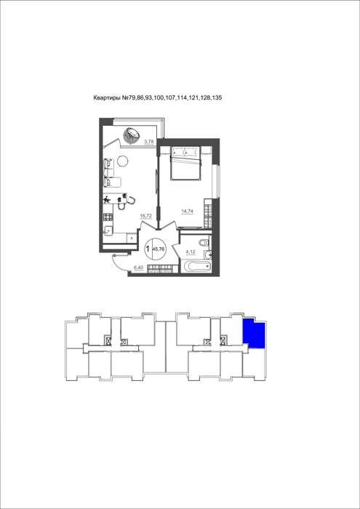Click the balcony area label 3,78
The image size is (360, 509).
148,141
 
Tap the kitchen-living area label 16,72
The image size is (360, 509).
145,215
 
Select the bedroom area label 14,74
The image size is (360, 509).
187,211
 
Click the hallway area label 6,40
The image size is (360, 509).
138,268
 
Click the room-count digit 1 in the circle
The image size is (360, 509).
148,249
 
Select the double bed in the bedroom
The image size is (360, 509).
185,163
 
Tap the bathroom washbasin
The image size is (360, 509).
207,254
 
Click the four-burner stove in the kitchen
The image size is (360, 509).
108,217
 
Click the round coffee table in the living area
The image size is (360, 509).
123,161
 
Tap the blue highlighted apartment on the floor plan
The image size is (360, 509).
254,333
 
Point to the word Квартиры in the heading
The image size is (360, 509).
107,97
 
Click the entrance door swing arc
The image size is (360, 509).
116,264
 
